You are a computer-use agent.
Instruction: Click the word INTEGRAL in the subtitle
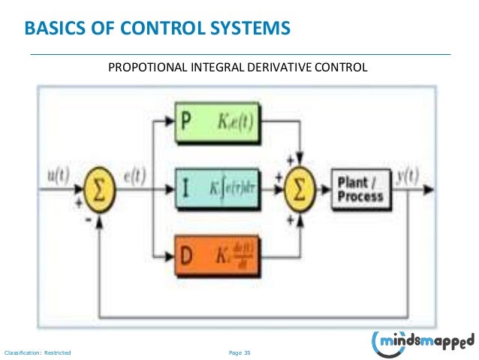(215, 68)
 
